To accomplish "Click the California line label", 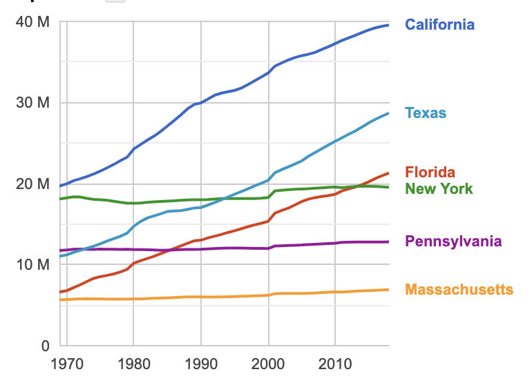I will pos(439,25).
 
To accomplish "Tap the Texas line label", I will pos(426,113).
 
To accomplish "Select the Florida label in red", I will pos(430,172).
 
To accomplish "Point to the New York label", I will pos(439,188).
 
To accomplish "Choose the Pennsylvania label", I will pos(453,241).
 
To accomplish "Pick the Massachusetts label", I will pos(459,289).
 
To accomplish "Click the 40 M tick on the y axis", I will pos(32,22).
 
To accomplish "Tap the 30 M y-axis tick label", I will pos(32,103).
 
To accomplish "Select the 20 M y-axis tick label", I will pos(32,184).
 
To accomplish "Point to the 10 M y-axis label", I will pos(32,264).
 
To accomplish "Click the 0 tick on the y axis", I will pos(44,345).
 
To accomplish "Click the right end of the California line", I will pos(388,25).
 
